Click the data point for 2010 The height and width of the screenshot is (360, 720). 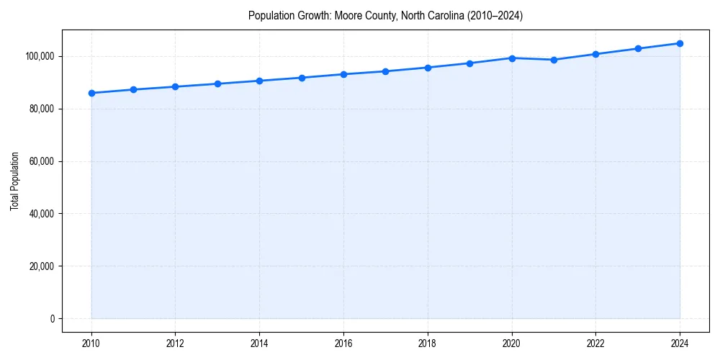coord(91,93)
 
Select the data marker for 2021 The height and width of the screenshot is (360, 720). coord(554,60)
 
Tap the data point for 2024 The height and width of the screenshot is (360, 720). coord(680,43)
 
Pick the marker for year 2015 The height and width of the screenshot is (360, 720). coord(302,78)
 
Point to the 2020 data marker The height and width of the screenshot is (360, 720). coord(512,58)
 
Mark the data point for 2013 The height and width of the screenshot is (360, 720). coord(217,84)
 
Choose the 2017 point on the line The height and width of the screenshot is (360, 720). coord(386,71)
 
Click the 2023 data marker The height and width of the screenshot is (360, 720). coord(638,48)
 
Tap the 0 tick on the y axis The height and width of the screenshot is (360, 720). coord(52,319)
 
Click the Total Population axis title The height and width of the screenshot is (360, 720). coord(14,181)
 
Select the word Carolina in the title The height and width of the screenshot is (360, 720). coord(441,15)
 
